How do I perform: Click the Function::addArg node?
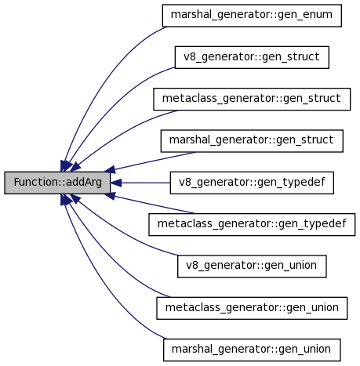pos(57,183)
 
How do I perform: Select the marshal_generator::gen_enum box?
pos(252,16)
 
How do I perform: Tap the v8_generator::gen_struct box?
pos(252,57)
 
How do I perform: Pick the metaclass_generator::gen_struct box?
pos(252,99)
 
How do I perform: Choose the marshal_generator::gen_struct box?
pos(252,141)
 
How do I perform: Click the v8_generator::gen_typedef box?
pos(252,183)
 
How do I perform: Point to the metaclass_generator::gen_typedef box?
pos(252,224)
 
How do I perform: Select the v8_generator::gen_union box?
pos(252,266)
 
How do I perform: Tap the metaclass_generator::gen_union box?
pos(252,308)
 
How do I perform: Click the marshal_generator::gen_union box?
pos(252,350)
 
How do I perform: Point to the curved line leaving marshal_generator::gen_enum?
pos(100,78)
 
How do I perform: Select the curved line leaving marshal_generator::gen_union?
pos(100,287)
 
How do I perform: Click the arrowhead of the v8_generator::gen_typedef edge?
pos(116,183)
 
